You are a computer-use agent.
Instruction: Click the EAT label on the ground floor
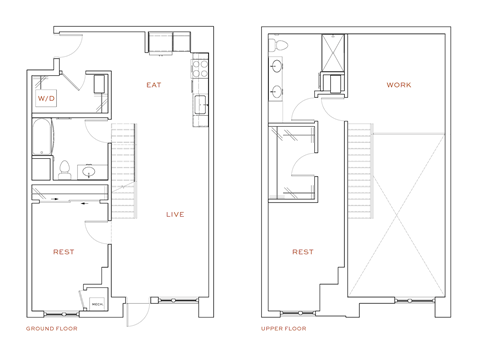[153, 85]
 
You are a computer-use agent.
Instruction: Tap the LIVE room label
[174, 214]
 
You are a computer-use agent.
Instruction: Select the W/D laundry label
[47, 100]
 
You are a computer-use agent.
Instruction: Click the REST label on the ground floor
[62, 252]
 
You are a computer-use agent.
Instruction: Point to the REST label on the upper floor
[303, 252]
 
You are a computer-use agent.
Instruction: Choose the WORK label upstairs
[399, 85]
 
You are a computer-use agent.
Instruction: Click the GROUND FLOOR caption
[51, 328]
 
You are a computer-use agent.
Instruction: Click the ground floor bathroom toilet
[63, 169]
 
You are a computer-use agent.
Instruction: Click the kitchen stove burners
[199, 70]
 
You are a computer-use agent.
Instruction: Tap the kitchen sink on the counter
[200, 103]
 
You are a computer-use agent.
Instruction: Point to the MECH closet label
[98, 301]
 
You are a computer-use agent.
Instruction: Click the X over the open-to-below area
[396, 215]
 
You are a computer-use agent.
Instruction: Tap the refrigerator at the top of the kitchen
[162, 42]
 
